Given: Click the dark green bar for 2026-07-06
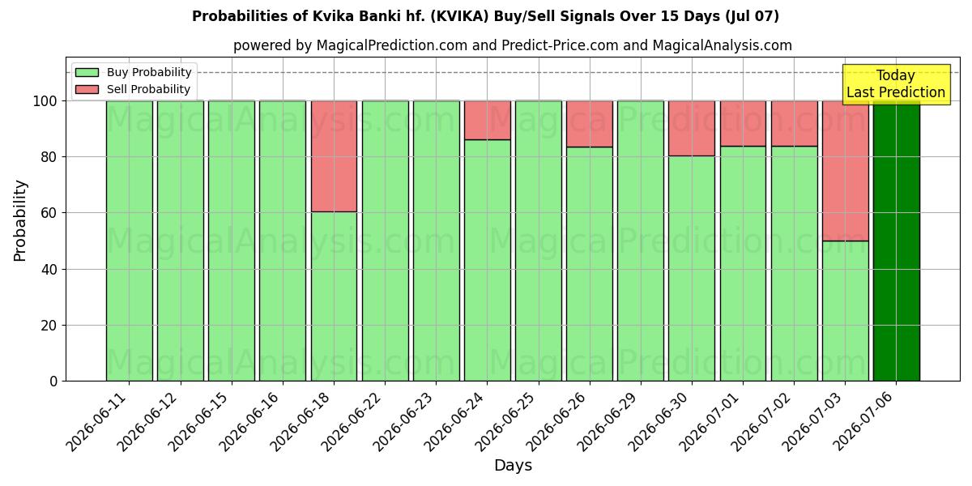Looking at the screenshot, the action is coord(896,241).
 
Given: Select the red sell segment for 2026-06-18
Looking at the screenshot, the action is coord(334,156).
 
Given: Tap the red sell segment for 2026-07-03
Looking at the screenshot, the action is coord(846,171).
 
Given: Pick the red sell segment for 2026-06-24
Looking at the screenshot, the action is coord(488,120).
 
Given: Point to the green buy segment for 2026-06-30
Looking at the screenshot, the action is coord(692,268).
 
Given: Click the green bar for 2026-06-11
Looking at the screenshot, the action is coord(130,241).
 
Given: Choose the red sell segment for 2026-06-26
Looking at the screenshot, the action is coord(590,124).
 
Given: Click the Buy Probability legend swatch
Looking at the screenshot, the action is coord(87,72).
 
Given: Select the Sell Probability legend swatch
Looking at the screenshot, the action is coord(87,89).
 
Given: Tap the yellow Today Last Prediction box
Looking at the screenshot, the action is coord(896,84).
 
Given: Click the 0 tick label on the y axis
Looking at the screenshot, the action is coord(53,382).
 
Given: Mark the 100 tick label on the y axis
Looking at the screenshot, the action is coord(45,101).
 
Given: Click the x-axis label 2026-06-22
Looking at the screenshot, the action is coord(352,422).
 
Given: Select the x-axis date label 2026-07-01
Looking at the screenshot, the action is coord(710,422).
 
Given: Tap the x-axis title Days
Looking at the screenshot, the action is coord(513,465).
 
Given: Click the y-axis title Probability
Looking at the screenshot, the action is coord(20,220).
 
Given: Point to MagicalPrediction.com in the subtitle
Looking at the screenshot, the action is coord(392,45).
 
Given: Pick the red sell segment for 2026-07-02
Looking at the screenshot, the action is coord(794,123).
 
